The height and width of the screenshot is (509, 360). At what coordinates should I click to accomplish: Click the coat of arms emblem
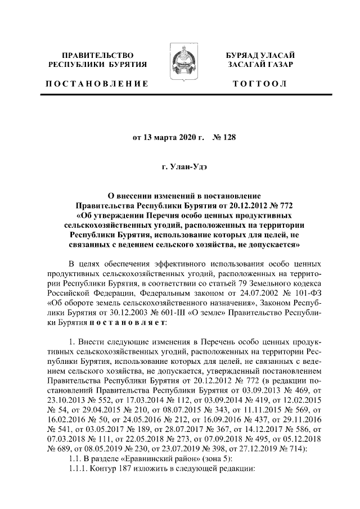click(x=180, y=66)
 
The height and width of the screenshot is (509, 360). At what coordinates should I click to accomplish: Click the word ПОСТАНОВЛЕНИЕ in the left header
click(x=96, y=84)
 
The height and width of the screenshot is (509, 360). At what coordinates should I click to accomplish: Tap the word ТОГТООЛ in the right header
click(x=264, y=84)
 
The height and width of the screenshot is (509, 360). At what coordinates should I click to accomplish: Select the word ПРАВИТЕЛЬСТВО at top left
click(x=97, y=55)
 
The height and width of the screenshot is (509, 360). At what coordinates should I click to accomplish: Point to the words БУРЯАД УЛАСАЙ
click(x=264, y=55)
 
